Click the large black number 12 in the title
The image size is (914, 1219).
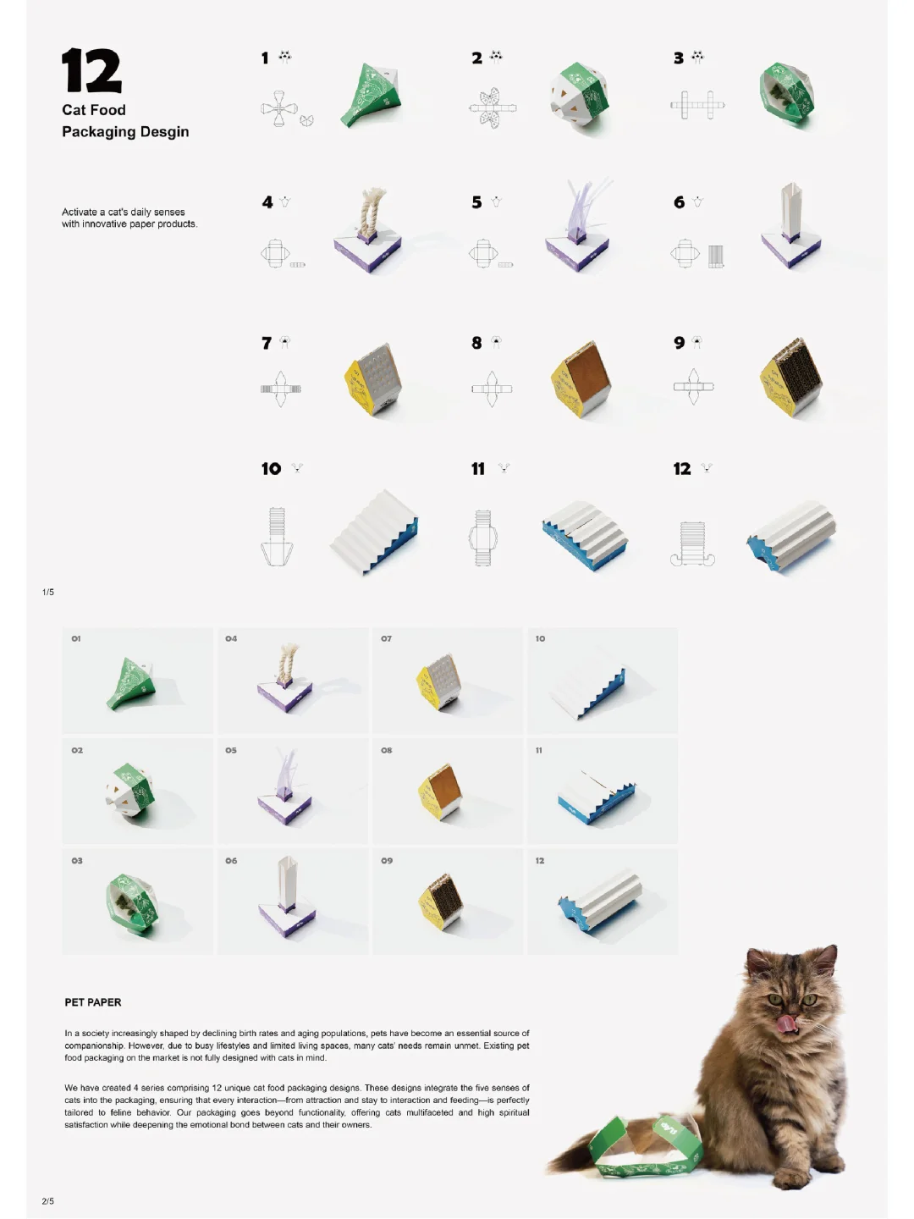point(91,70)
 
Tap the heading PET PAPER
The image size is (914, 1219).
point(93,1002)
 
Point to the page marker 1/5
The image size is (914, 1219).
point(48,592)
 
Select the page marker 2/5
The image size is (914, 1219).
point(48,1201)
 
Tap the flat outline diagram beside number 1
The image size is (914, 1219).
point(286,109)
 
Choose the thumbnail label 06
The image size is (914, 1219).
point(231,861)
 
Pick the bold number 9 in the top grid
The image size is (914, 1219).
point(680,343)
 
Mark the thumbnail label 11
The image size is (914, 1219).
point(539,750)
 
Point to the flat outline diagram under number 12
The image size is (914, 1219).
point(692,543)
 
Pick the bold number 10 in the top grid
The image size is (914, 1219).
point(272,469)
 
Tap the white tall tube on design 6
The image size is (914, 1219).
point(790,211)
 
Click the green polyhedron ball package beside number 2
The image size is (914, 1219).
point(579,95)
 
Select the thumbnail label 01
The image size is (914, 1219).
point(76,638)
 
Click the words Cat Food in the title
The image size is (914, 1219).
point(94,110)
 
